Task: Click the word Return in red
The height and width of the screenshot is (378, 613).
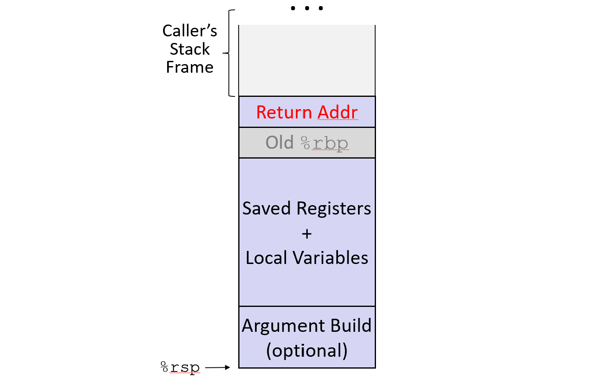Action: [x=284, y=112]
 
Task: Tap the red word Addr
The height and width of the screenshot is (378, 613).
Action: [x=338, y=112]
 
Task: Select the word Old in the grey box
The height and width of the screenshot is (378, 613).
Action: [x=280, y=143]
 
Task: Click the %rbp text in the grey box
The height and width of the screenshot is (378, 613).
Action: [x=324, y=143]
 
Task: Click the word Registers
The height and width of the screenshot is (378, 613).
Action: [x=333, y=209]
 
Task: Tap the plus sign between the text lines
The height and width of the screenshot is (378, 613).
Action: [x=307, y=234]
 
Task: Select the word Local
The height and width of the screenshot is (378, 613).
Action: [x=266, y=258]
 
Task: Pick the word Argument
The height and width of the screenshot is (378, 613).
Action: [x=284, y=326]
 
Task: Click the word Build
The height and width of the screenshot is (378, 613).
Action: [x=351, y=326]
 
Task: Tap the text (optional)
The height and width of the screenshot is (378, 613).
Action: [x=307, y=351]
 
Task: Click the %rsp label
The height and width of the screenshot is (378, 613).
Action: [x=180, y=367]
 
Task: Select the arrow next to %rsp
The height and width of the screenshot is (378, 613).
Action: [x=217, y=367]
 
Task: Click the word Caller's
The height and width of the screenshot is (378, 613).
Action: [x=190, y=31]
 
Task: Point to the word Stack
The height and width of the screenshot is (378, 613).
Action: [x=190, y=49]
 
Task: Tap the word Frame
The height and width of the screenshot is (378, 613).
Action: [x=190, y=67]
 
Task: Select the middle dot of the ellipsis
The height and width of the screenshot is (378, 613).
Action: [x=307, y=8]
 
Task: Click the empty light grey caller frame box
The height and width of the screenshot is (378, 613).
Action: [x=307, y=60]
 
